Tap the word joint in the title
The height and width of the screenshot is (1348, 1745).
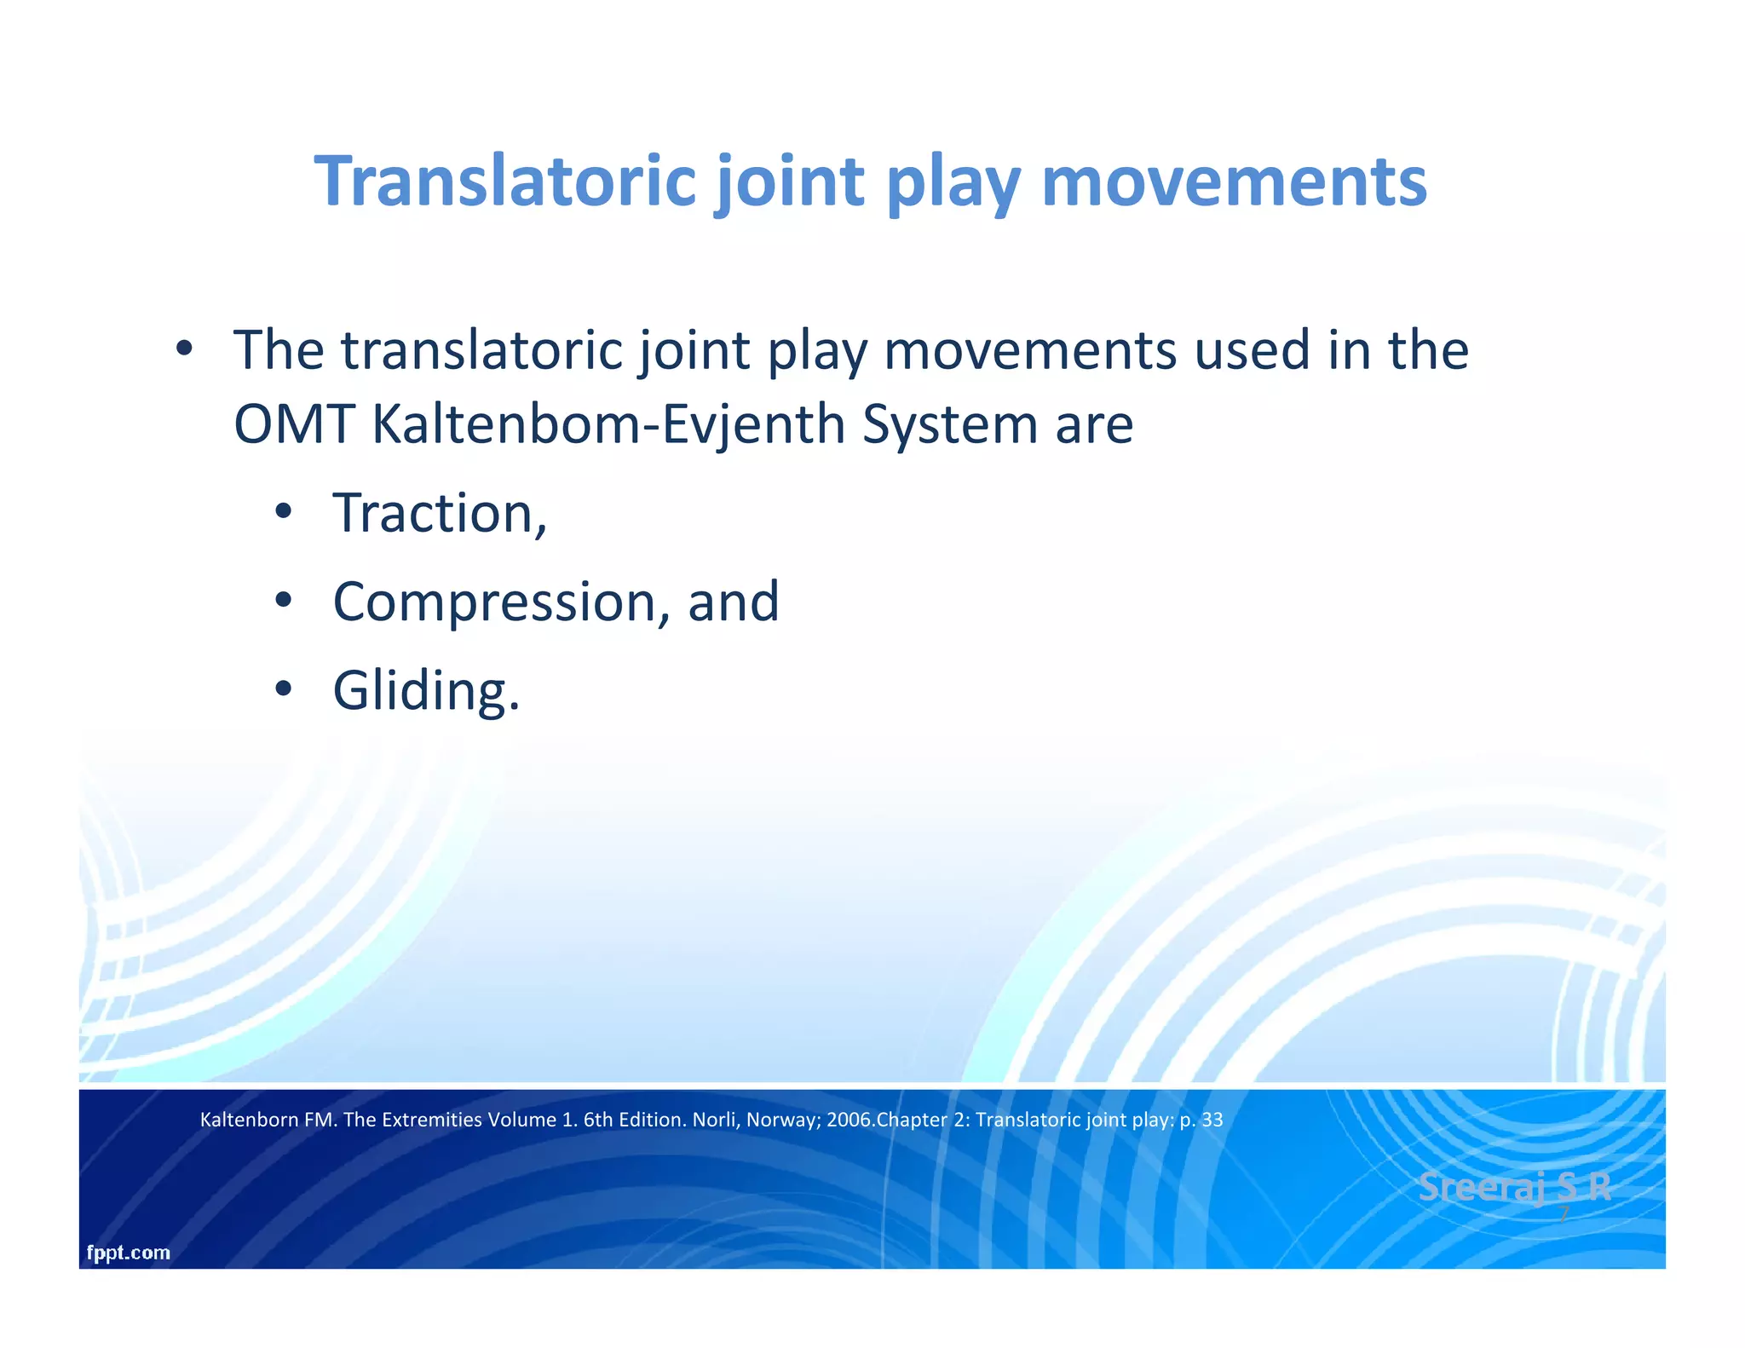(x=789, y=181)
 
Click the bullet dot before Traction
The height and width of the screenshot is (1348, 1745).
(x=284, y=513)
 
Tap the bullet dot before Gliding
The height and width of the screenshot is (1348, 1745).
(x=284, y=688)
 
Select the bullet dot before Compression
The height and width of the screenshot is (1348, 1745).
(x=284, y=601)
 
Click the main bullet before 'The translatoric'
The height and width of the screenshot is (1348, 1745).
(x=183, y=349)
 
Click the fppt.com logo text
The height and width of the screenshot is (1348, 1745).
(x=129, y=1253)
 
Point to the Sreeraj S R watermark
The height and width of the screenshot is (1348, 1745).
(x=1514, y=1187)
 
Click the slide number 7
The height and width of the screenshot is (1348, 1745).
(x=1564, y=1216)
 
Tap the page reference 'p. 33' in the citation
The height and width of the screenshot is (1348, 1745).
(x=1201, y=1120)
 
